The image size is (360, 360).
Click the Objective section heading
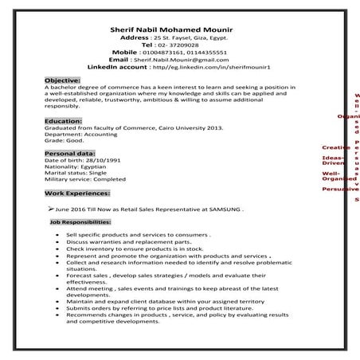62,81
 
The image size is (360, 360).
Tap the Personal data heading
69,153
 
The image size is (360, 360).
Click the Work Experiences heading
76,193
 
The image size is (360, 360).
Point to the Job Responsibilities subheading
80,224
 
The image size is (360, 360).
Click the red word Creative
335,147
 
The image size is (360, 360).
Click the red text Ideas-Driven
335,160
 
